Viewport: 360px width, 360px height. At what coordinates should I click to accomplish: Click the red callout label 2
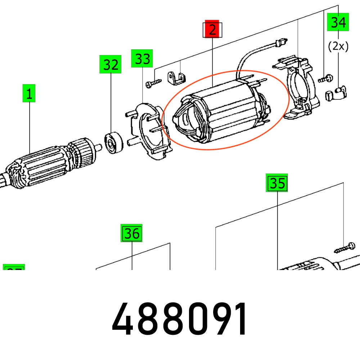point(212,30)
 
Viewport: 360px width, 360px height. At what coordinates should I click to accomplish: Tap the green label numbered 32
point(111,65)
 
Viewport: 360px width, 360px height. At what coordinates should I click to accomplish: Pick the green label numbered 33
point(142,58)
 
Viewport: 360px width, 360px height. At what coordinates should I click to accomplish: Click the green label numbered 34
point(338,22)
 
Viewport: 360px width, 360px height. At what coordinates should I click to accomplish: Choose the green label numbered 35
point(277,183)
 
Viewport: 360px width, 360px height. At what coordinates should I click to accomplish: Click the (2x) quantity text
point(338,46)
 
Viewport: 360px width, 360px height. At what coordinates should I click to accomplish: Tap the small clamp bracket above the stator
point(177,77)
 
